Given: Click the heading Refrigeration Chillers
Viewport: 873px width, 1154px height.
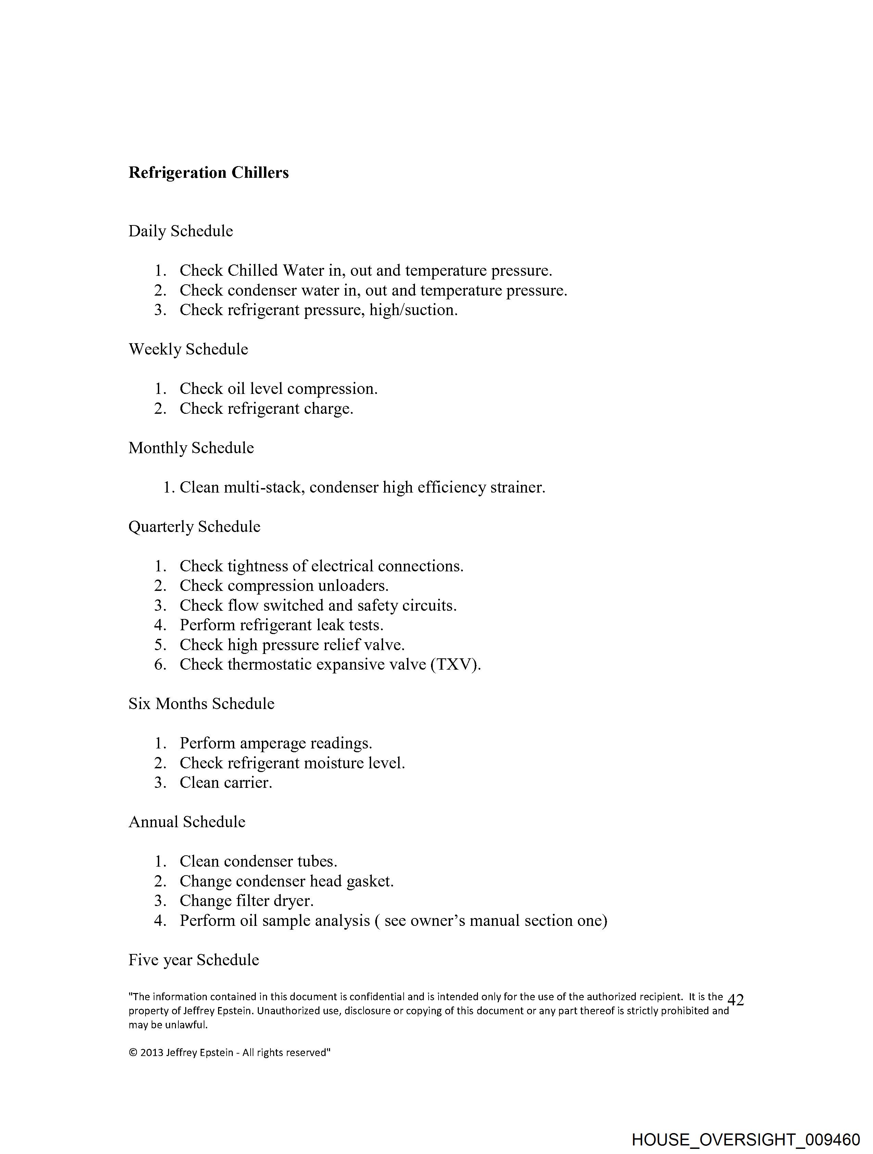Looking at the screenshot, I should click(208, 173).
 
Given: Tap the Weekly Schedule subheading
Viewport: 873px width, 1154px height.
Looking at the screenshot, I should click(188, 349).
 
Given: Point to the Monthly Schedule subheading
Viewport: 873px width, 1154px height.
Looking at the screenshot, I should click(191, 448).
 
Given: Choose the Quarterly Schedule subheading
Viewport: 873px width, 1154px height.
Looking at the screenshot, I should click(194, 526).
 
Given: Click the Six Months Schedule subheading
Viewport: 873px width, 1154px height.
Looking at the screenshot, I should click(201, 704).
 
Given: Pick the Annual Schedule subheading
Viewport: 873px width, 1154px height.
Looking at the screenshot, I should click(187, 822).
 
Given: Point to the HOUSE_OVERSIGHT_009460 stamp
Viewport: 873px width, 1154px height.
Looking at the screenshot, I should click(746, 1139).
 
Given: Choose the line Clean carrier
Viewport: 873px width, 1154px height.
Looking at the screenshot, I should click(226, 783).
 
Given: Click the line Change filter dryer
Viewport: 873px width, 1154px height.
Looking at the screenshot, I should click(246, 901).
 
